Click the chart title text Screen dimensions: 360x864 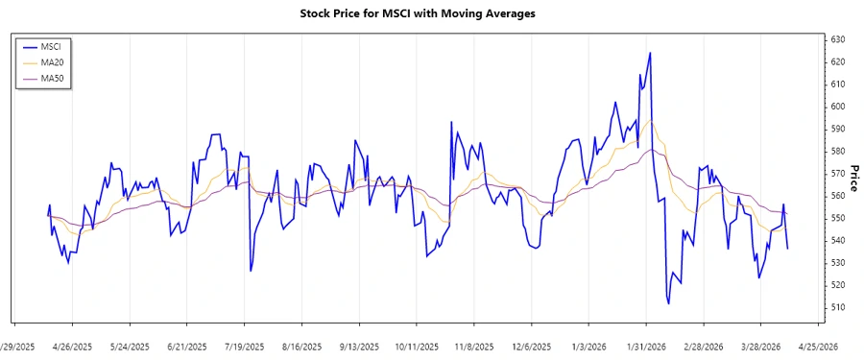click(x=431, y=13)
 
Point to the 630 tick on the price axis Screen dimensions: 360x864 click(x=836, y=39)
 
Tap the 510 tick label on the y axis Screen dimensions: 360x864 click(x=836, y=307)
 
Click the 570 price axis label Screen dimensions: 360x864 click(x=836, y=174)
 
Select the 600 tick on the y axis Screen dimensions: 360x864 click(x=836, y=107)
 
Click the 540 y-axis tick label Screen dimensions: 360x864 click(x=836, y=240)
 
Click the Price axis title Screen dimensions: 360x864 click(x=852, y=173)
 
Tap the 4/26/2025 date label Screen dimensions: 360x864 click(x=72, y=346)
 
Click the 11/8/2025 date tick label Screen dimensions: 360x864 click(x=474, y=346)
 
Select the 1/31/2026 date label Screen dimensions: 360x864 click(x=646, y=346)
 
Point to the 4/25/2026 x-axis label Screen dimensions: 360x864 click(x=819, y=346)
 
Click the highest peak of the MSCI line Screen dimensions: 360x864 click(x=650, y=53)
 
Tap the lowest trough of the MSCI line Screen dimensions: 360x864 click(x=668, y=303)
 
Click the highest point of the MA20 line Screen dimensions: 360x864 click(x=651, y=121)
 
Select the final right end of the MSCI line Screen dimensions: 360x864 click(x=788, y=250)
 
